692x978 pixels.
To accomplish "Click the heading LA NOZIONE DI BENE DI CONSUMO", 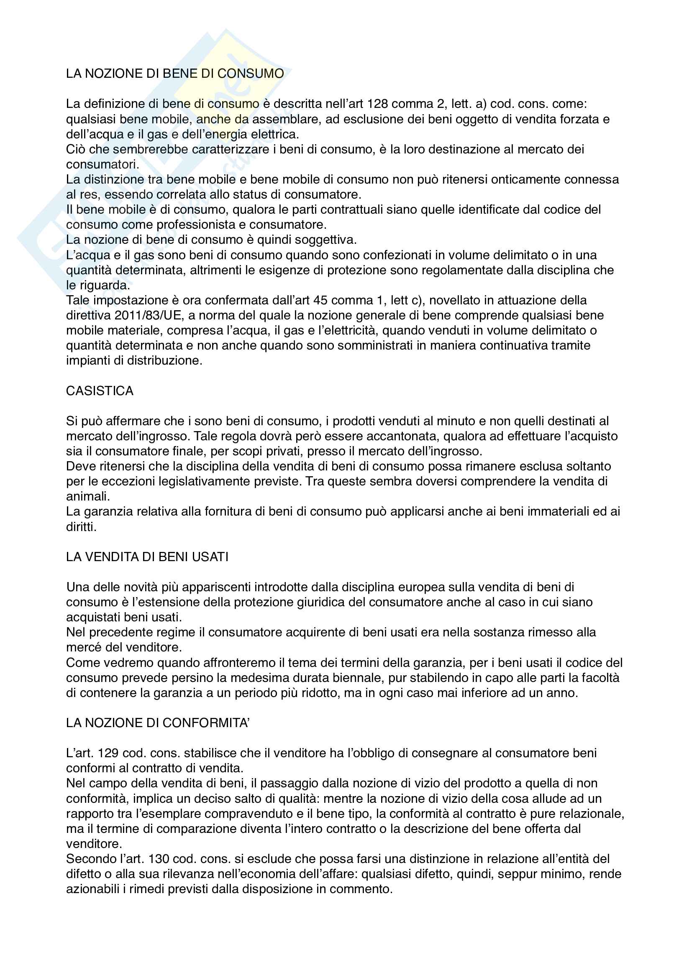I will pos(175,74).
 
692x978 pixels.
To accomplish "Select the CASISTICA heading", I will pos(100,391).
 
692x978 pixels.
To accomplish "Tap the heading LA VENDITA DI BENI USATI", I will pos(147,557).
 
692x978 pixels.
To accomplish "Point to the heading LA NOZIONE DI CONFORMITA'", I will pos(158,723).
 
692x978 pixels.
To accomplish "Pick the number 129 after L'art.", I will pos(108,753).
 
